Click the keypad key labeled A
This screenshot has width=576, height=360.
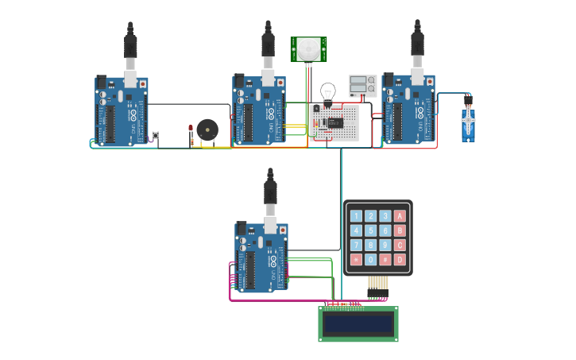pos(400,216)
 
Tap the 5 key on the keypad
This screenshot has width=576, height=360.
pos(370,230)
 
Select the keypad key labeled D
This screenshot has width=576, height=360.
pos(400,259)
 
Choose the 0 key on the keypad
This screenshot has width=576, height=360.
pos(370,259)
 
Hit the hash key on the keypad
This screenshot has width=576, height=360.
pos(385,259)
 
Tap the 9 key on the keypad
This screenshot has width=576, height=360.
pos(385,245)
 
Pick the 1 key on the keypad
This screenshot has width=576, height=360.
pos(356,216)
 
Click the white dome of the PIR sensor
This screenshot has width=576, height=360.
pos(308,49)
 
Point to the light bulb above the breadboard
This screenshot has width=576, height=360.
pos(327,91)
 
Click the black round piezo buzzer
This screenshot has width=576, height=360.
pos(207,130)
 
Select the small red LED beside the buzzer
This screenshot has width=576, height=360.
pos(191,129)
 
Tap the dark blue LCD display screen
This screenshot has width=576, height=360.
pos(358,323)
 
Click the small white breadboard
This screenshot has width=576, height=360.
pos(334,123)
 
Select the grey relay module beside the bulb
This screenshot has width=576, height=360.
pos(362,86)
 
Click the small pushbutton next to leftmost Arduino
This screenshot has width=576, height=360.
pos(155,135)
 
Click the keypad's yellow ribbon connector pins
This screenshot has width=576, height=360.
pos(377,283)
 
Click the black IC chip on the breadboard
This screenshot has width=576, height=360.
pos(335,122)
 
